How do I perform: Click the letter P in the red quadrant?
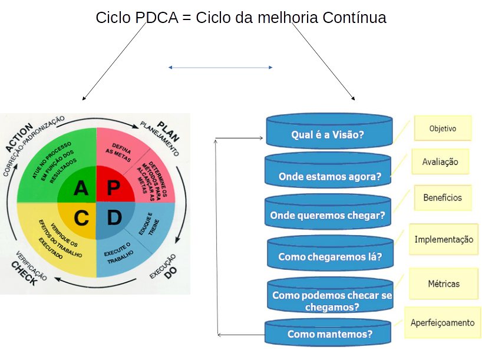[114, 188]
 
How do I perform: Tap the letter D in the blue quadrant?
[114, 217]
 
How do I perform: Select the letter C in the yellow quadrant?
[81, 218]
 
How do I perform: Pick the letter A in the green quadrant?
[81, 188]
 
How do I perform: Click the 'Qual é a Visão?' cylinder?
[329, 134]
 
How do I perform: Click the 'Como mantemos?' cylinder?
[328, 333]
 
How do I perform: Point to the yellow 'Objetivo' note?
[443, 128]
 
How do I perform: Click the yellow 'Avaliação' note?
[440, 162]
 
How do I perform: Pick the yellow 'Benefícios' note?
[443, 198]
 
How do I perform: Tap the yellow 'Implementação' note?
[444, 239]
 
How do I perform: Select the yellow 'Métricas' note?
[444, 284]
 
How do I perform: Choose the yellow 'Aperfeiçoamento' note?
[443, 322]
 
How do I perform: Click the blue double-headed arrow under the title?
[220, 68]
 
